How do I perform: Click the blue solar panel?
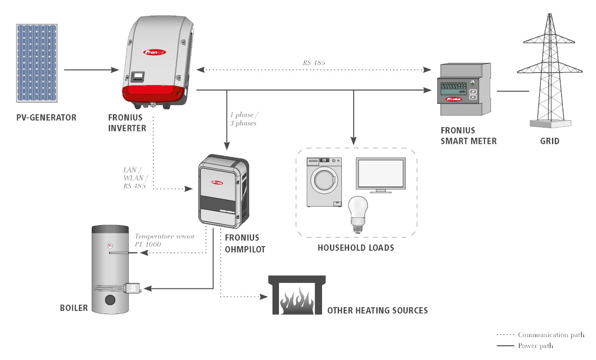pyautogui.click(x=37, y=63)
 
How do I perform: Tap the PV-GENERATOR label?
pyautogui.click(x=46, y=118)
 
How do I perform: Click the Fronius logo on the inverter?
pyautogui.click(x=154, y=52)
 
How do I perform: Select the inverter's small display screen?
pyautogui.click(x=138, y=77)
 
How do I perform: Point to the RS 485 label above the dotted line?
pyautogui.click(x=314, y=63)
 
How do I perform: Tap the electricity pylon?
pyautogui.click(x=550, y=71)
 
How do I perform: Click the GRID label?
pyautogui.click(x=550, y=141)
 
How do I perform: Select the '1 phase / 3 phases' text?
pyautogui.click(x=244, y=119)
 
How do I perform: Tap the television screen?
pyautogui.click(x=381, y=174)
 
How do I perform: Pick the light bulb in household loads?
pyautogui.click(x=358, y=214)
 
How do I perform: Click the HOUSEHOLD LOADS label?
pyautogui.click(x=356, y=248)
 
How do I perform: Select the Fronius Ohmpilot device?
pyautogui.click(x=224, y=191)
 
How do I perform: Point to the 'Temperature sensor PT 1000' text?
pyautogui.click(x=165, y=240)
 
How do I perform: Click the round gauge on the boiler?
pyautogui.click(x=110, y=246)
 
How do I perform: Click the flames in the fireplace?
pyautogui.click(x=297, y=300)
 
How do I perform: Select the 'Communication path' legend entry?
pyautogui.click(x=540, y=335)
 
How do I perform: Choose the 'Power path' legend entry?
pyautogui.click(x=525, y=346)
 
